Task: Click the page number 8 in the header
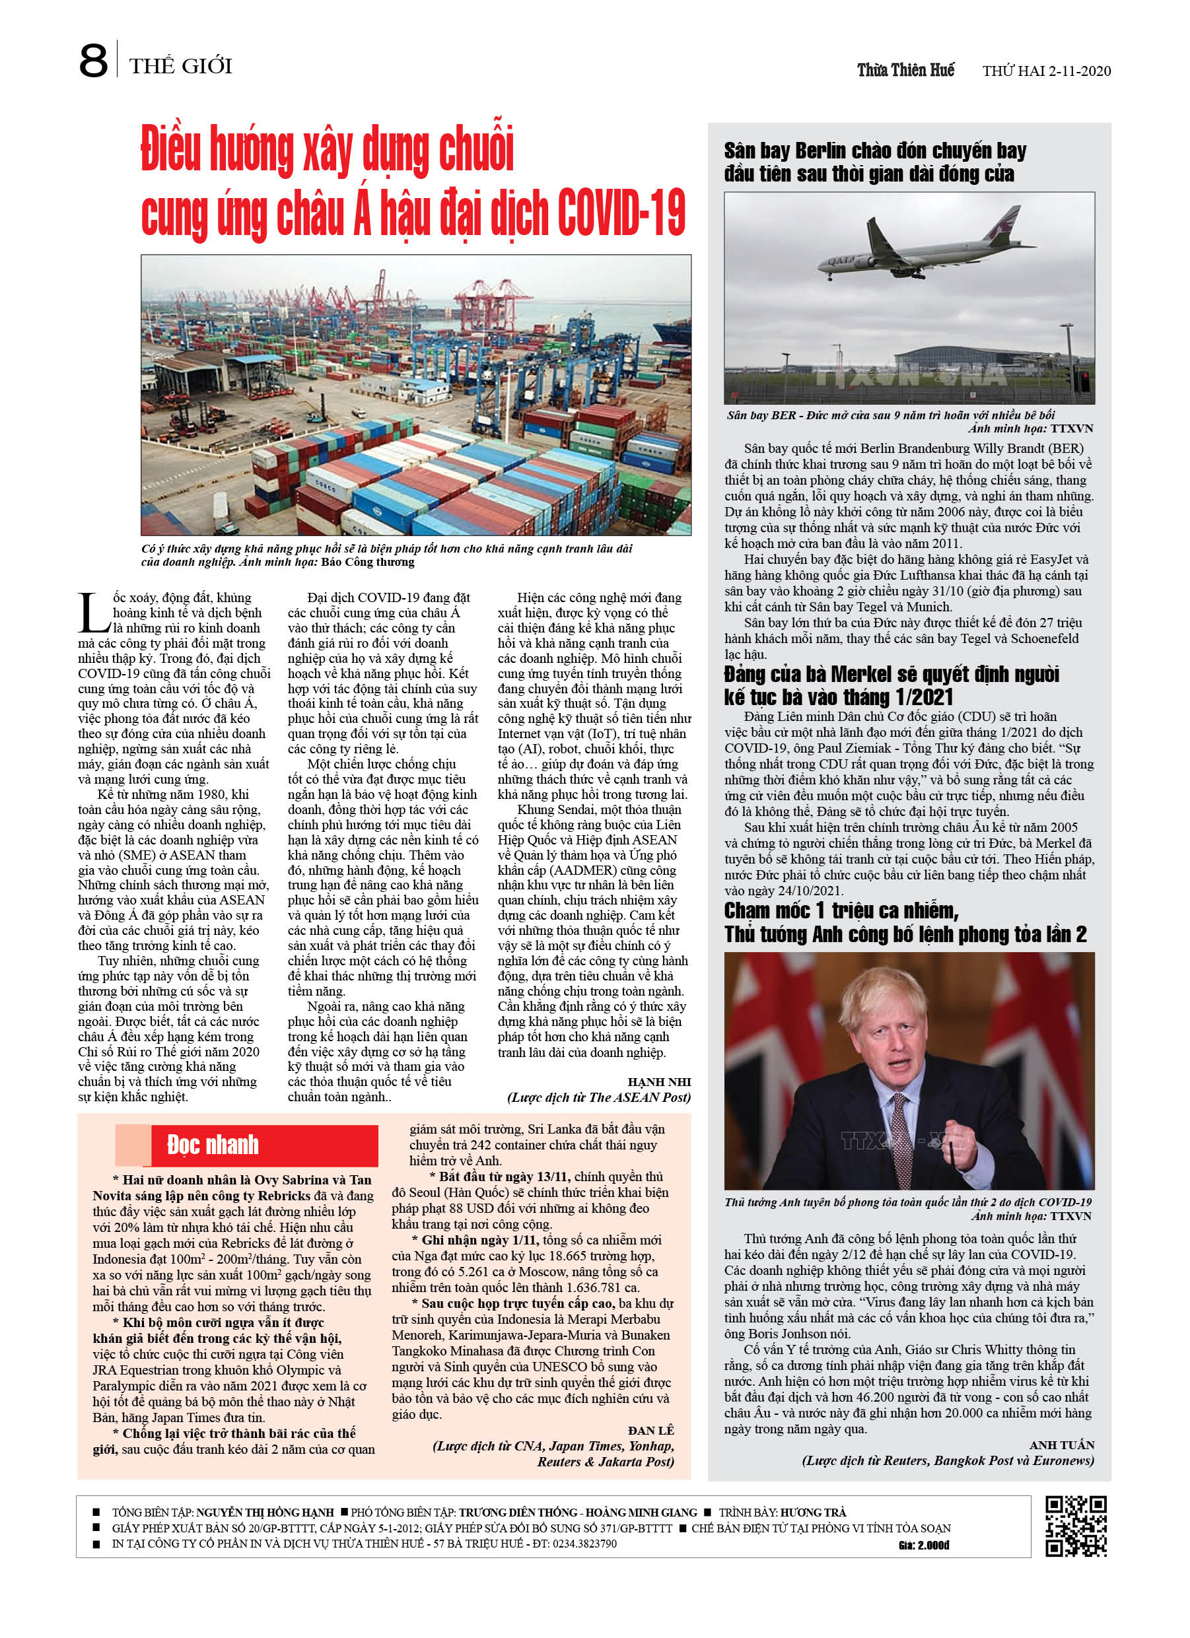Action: (x=93, y=61)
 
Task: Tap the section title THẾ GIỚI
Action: (x=181, y=67)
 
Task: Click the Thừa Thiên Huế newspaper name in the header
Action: (x=905, y=70)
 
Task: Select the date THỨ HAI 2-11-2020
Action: (x=1046, y=71)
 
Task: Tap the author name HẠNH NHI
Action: (x=659, y=1081)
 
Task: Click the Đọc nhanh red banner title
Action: (x=213, y=1145)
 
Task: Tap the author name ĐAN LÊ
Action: (x=650, y=1430)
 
